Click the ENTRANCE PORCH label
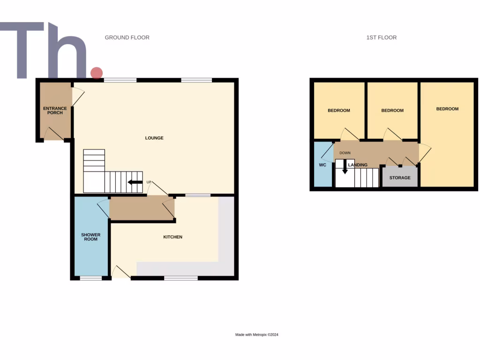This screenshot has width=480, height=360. coord(55,111)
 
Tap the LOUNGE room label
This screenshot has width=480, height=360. coord(154,138)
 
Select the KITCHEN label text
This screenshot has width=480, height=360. coord(172,237)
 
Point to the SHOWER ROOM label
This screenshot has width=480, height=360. coord(90,237)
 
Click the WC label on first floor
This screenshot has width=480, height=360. coord(322,165)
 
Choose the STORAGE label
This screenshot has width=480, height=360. coord(400,178)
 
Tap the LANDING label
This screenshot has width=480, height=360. coord(358,165)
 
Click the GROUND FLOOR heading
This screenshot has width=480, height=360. coord(127,37)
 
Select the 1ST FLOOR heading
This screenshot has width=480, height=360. coord(382,37)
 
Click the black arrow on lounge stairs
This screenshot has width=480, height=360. coord(135,182)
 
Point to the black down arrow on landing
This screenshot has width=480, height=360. coord(345,167)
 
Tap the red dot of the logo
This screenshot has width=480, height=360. coord(97,73)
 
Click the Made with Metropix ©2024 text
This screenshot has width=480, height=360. coord(257,335)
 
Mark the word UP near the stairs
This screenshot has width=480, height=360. coord(149,182)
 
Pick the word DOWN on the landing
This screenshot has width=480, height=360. coord(345,153)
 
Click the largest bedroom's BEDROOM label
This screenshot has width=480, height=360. coord(447,109)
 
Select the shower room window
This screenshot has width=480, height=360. coord(91,278)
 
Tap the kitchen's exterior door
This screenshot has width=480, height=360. coord(121,273)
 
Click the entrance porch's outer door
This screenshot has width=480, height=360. coord(54,135)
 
